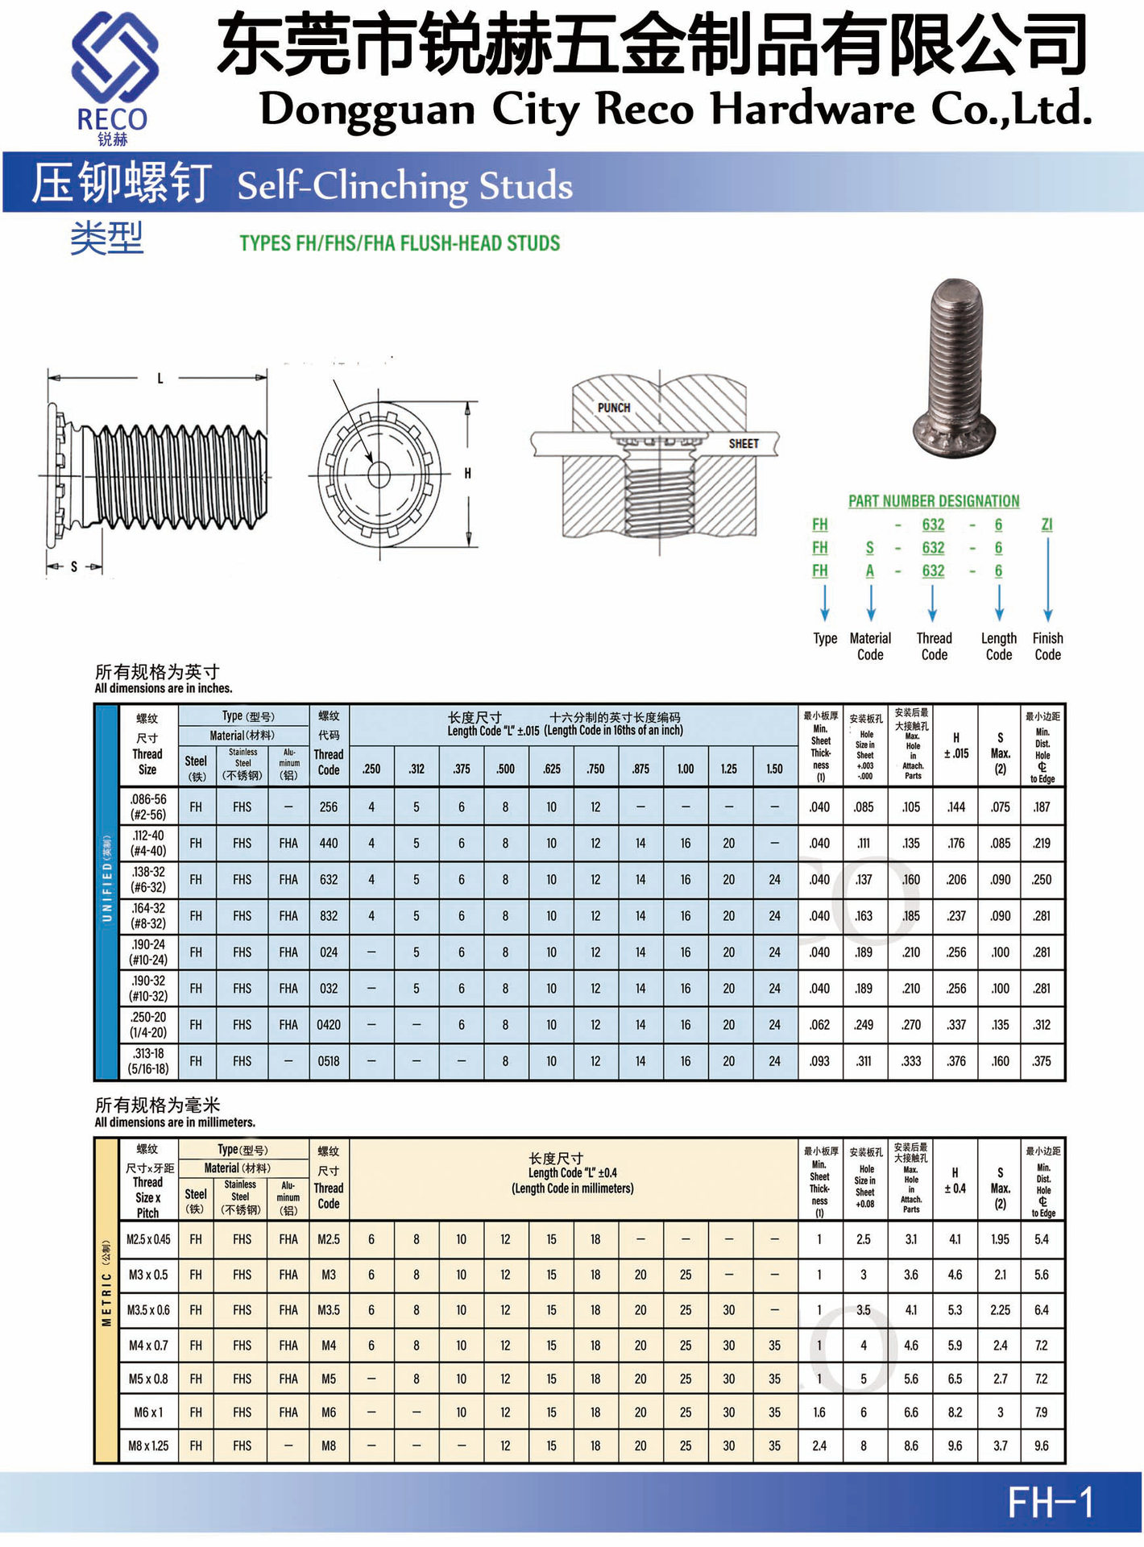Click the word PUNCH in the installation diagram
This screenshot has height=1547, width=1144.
click(x=614, y=408)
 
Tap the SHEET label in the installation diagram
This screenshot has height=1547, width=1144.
click(x=743, y=444)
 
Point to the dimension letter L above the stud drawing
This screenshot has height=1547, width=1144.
click(x=160, y=378)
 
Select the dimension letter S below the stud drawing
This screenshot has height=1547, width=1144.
click(x=74, y=567)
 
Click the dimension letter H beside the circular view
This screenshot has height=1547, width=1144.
click(x=467, y=474)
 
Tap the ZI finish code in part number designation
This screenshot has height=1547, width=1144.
click(x=1047, y=525)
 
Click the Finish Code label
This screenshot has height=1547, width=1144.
click(x=1047, y=646)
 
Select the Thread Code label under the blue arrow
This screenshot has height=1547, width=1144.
click(x=934, y=646)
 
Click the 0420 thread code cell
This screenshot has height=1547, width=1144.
click(x=329, y=1025)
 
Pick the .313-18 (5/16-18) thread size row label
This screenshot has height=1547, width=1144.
click(x=148, y=1061)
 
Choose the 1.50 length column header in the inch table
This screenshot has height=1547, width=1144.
click(x=774, y=769)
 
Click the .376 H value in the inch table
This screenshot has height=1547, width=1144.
click(x=956, y=1061)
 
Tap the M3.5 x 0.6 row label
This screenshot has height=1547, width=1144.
click(x=148, y=1310)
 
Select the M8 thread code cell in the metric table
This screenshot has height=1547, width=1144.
click(x=329, y=1445)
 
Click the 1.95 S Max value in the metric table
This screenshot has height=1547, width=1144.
click(x=1000, y=1239)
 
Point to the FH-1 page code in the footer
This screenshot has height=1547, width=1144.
click(x=1050, y=1503)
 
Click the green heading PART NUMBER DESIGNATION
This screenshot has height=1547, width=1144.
click(x=934, y=501)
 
